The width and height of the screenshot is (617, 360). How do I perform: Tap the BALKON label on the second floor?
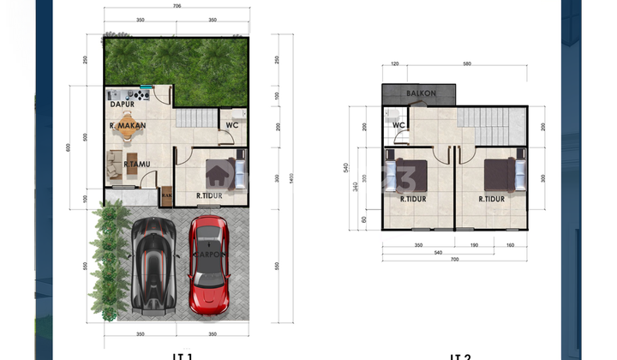(x=421, y=93)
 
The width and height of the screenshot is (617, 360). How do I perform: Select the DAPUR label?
(x=123, y=105)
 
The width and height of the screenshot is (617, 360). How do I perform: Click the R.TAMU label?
(x=137, y=164)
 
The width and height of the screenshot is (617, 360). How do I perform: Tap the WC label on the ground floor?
(x=232, y=125)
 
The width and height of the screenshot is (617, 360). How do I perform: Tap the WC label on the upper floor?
(x=398, y=125)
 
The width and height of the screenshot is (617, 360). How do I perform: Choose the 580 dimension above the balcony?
(x=466, y=63)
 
